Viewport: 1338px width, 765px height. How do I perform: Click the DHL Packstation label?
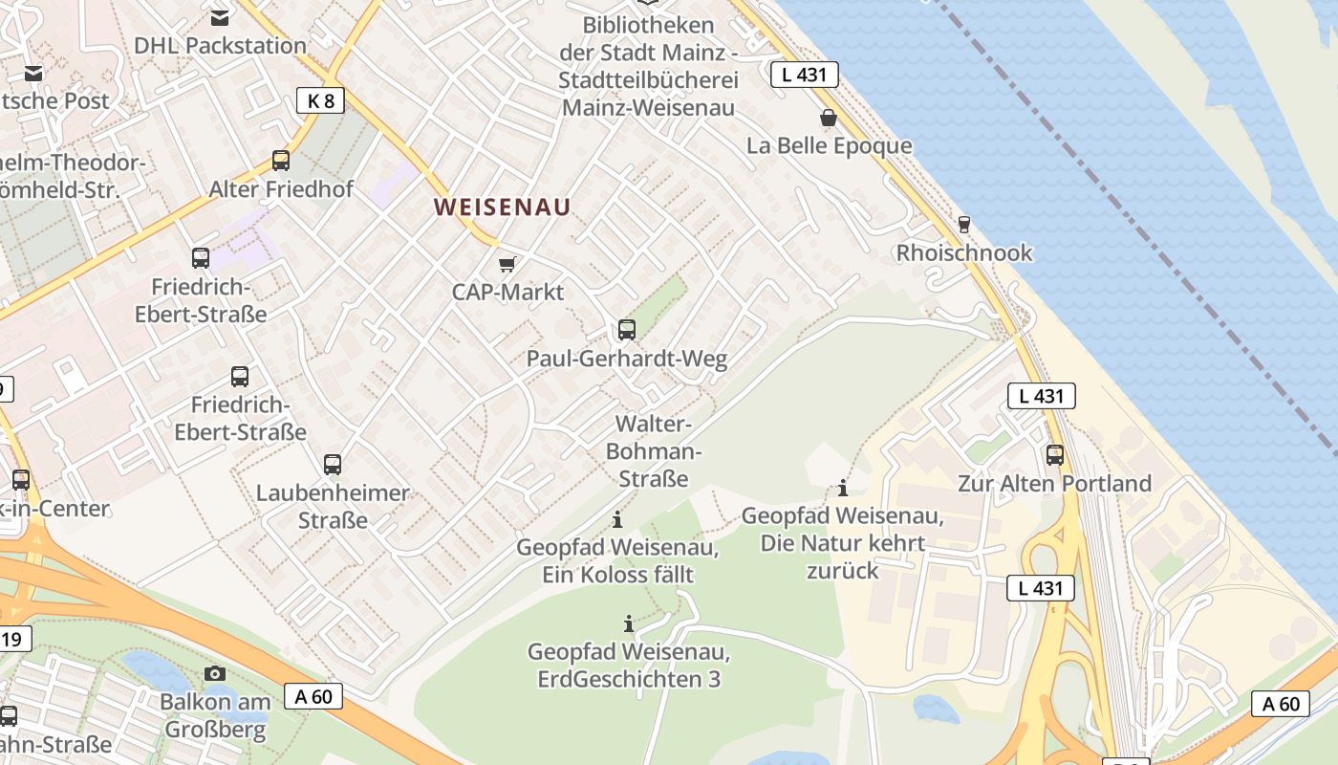pos(220,45)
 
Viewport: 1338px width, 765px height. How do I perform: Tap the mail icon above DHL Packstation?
pos(220,17)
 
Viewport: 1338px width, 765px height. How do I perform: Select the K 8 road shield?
pos(320,100)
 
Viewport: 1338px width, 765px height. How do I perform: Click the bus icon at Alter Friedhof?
pos(281,161)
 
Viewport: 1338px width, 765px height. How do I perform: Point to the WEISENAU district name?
pos(502,207)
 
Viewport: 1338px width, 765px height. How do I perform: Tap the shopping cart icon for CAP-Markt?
pos(507,264)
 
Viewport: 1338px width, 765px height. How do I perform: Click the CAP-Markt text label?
pos(508,292)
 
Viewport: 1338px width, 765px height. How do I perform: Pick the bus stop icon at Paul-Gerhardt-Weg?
pos(627,330)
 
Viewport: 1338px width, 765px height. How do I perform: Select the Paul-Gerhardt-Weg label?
pos(627,359)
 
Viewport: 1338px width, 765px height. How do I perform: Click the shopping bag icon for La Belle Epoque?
pos(828,118)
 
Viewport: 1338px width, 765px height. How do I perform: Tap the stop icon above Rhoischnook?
pos(963,225)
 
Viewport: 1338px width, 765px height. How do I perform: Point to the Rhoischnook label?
pos(963,252)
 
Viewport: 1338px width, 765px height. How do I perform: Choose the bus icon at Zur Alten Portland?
pos(1055,455)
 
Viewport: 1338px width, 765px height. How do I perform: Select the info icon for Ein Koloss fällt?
pos(617,520)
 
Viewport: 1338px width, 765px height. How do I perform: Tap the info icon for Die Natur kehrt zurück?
pos(842,489)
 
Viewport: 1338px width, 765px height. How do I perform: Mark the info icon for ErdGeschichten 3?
pos(629,624)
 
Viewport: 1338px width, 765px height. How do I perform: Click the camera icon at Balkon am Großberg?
pos(215,673)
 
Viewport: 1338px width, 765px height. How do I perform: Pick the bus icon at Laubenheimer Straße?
pos(333,465)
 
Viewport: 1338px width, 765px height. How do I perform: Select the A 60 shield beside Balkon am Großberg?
pos(313,696)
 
